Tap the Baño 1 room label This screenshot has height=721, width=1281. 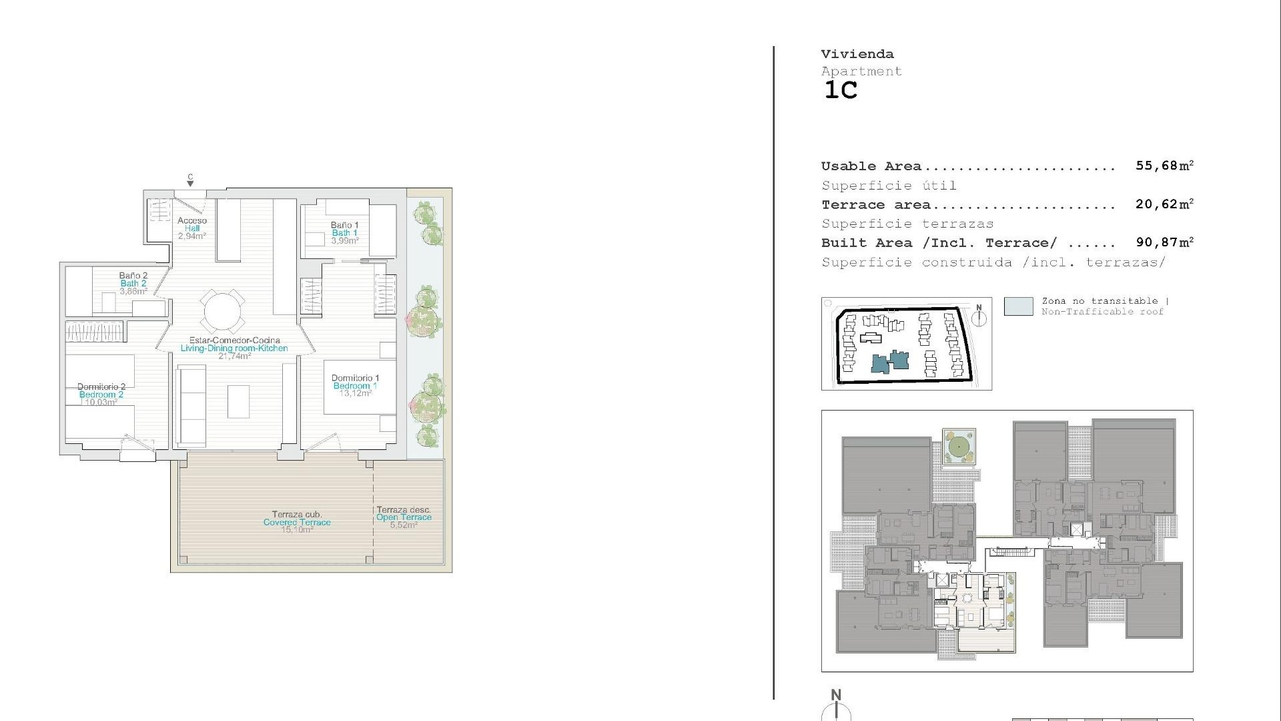[344, 232]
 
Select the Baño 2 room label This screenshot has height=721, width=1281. [133, 283]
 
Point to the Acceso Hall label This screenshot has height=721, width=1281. [192, 228]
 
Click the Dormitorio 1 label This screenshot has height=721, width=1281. [355, 385]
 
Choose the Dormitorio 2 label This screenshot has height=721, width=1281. [101, 394]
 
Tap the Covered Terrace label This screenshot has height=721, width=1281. [297, 522]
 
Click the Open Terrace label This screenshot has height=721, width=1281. [404, 517]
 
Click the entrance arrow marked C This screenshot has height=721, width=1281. [190, 181]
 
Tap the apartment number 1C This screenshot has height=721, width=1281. [841, 90]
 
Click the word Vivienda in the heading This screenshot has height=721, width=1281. [857, 54]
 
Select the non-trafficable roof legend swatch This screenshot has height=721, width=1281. [1018, 306]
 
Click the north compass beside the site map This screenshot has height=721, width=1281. [979, 317]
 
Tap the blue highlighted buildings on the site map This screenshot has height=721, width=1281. [891, 363]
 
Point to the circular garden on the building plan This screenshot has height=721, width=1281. [958, 445]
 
